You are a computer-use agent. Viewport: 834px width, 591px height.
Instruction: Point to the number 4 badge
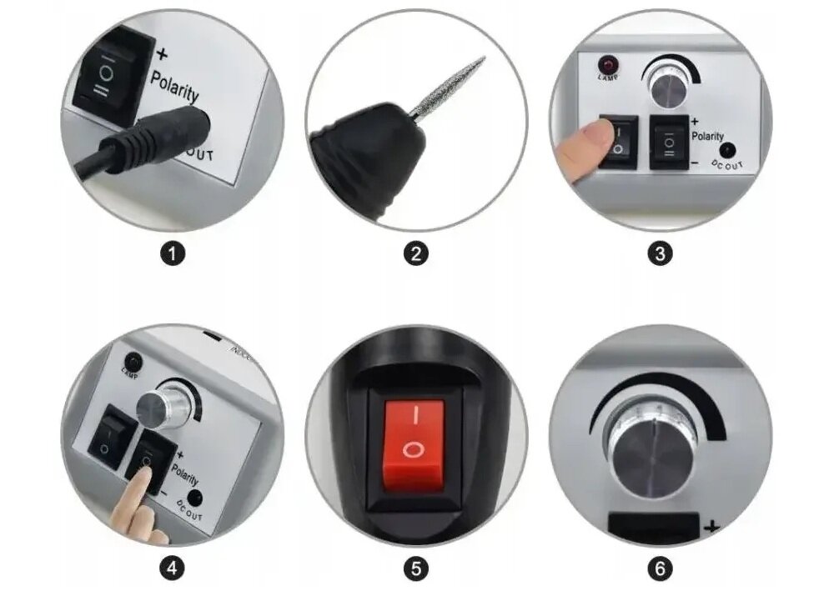point(173,569)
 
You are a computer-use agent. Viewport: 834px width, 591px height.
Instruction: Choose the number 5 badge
point(416,569)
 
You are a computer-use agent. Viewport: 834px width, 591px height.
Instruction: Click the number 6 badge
point(660,569)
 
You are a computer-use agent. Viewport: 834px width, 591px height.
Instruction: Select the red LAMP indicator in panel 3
point(606,64)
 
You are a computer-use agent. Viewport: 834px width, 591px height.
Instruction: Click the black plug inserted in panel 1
point(167,138)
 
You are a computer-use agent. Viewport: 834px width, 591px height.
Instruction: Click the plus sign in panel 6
point(711,527)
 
